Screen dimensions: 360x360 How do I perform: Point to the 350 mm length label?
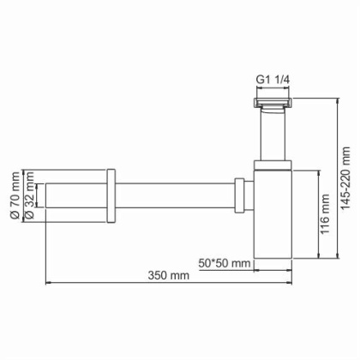click(x=167, y=275)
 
